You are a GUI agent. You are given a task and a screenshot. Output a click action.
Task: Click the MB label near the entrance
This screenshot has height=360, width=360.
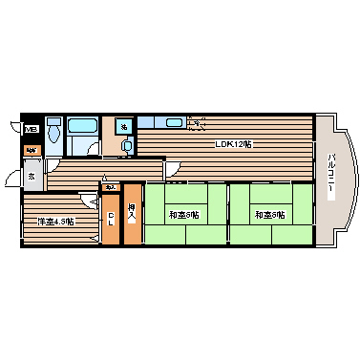pyautogui.click(x=31, y=130)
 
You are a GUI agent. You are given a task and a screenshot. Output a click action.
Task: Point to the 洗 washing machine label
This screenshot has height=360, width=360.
pyautogui.click(x=124, y=125)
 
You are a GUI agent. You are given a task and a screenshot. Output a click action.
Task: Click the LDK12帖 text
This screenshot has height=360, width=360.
pyautogui.click(x=232, y=144)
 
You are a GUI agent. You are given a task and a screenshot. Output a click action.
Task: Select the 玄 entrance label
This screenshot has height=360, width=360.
pyautogui.click(x=31, y=176)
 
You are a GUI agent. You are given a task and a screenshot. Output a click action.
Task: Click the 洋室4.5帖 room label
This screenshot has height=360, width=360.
pyautogui.click(x=55, y=222)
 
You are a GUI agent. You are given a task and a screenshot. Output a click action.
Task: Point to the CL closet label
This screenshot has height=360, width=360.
pyautogui.click(x=111, y=218)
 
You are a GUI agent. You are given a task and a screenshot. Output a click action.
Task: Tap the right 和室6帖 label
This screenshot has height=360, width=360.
pyautogui.click(x=268, y=215)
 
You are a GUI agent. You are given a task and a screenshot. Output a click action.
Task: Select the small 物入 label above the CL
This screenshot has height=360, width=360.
pyautogui.click(x=111, y=187)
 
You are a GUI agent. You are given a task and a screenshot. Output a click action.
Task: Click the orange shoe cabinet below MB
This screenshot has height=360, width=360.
pyautogui.click(x=32, y=150)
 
